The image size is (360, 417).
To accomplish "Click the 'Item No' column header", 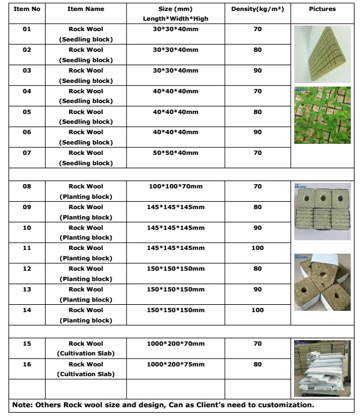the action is [27, 9].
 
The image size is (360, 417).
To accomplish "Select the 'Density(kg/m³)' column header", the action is [258, 9].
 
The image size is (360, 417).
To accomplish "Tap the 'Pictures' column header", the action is [322, 9].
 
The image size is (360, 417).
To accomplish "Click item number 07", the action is [27, 152].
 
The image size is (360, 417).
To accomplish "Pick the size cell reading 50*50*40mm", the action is [175, 152].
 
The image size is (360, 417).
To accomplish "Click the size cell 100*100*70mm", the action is [175, 187].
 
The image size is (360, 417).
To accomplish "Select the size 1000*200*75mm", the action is [175, 365].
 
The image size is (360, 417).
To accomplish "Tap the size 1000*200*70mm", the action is [175, 344].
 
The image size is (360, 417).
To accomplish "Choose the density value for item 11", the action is [258, 248].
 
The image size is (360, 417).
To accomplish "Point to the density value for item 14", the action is [258, 310].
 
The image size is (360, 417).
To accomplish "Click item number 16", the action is [27, 365].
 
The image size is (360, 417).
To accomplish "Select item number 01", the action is [27, 29].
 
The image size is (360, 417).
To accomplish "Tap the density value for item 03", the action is [258, 71].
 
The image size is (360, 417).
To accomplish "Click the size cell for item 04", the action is [175, 91].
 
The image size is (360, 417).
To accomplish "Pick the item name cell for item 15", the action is [86, 349].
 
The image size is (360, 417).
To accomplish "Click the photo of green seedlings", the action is [322, 115].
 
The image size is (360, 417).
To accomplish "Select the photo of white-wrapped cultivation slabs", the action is [322, 369].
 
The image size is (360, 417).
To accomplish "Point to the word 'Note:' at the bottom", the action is [23, 405].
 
